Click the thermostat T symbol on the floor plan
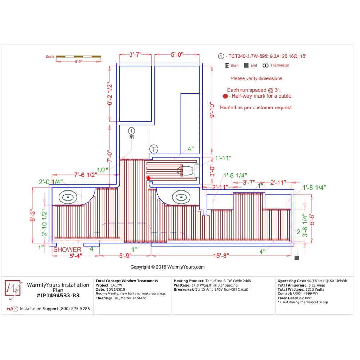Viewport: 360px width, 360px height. tap(154, 149)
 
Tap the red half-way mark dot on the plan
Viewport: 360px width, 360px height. tap(148, 178)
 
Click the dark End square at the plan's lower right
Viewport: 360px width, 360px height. tap(297, 258)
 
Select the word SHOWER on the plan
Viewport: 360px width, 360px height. tap(67, 249)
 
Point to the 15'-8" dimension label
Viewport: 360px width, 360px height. tap(221, 256)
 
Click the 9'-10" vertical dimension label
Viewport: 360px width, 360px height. tap(212, 110)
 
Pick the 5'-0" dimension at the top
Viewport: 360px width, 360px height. tap(177, 54)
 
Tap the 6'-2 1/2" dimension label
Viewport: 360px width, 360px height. tap(110, 94)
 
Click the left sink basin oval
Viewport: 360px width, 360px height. tap(68, 197)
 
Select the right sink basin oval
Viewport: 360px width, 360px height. tap(181, 197)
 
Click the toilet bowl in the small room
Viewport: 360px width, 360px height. tap(185, 171)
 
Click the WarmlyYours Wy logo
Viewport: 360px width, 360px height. tap(13, 289)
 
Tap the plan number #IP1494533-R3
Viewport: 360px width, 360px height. tap(58, 296)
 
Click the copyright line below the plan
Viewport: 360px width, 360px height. tap(167, 267)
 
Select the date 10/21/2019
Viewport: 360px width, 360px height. tap(116, 289)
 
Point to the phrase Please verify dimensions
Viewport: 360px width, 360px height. tap(257, 78)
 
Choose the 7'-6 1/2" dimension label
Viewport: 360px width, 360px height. tap(85, 175)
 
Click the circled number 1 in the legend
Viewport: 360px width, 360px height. tap(221, 56)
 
